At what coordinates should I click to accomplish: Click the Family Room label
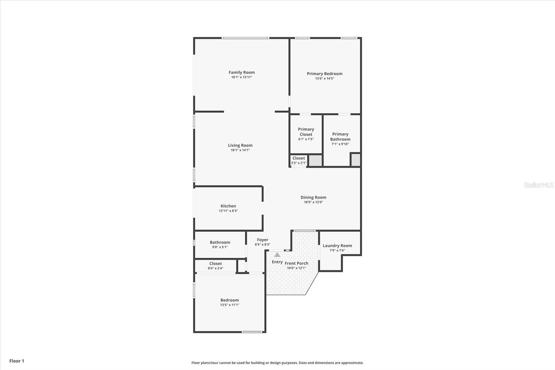tap(241, 73)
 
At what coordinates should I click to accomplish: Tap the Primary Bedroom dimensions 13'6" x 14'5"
tap(324, 78)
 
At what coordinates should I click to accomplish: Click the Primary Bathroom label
tap(340, 136)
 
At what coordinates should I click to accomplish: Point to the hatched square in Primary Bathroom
tap(356, 160)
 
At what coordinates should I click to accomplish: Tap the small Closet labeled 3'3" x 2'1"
tap(298, 160)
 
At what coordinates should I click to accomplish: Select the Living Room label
tap(240, 145)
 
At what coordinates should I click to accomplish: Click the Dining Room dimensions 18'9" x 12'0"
tap(313, 202)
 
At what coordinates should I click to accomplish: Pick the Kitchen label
tap(228, 206)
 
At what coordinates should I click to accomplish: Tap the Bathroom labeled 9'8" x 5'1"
tap(220, 244)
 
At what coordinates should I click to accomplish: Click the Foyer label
tap(263, 240)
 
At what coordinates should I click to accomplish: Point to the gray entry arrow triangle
tap(277, 255)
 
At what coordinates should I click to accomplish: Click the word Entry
tap(277, 262)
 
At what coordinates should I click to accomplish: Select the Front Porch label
tap(297, 263)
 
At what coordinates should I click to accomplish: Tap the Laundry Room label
tap(337, 245)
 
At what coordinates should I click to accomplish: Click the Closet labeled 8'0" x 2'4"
tap(215, 266)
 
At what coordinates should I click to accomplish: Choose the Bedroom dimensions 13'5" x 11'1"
tap(230, 305)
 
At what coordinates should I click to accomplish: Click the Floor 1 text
tap(17, 361)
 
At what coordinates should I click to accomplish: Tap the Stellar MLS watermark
tap(538, 185)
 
